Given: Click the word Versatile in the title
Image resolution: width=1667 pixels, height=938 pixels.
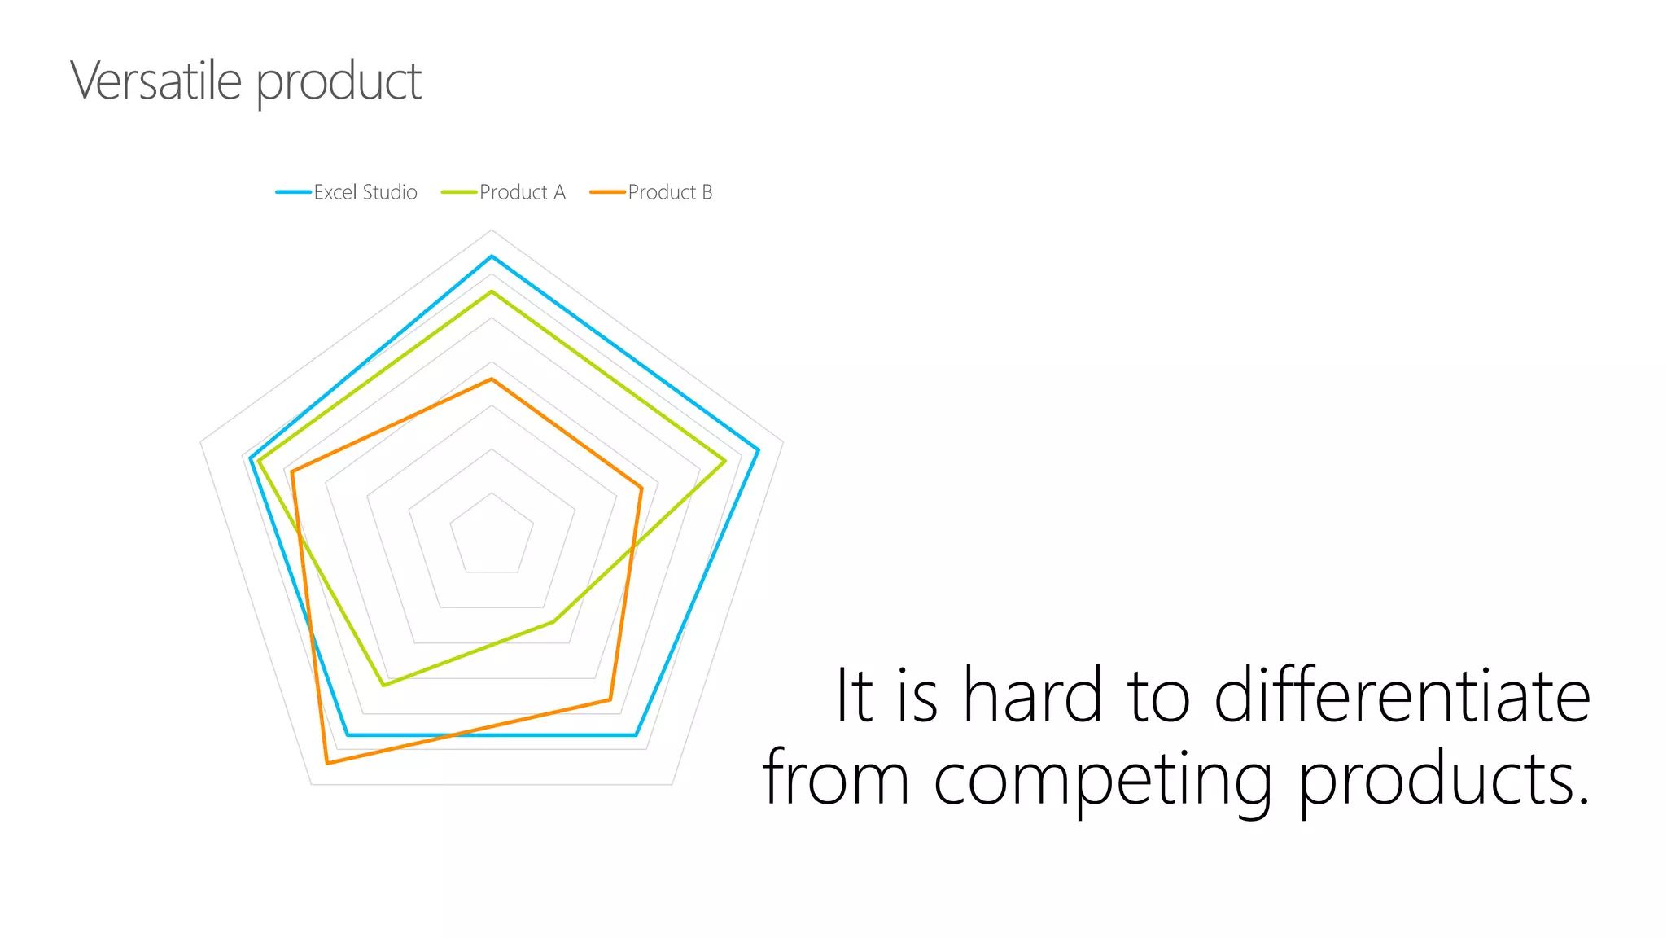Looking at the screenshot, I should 155,81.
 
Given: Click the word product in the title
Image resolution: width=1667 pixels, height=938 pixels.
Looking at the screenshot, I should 339,83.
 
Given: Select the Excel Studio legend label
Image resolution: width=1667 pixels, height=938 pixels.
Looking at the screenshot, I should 365,192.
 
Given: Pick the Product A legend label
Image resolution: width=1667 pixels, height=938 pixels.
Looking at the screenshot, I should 523,192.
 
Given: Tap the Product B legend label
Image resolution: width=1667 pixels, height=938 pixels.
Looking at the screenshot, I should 670,192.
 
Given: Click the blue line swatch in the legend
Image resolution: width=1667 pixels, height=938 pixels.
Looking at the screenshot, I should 293,192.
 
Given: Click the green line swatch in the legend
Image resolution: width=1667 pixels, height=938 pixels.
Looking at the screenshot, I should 459,192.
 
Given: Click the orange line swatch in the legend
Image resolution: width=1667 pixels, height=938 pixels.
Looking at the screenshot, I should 607,192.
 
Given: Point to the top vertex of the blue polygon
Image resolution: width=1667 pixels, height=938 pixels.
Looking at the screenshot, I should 492,256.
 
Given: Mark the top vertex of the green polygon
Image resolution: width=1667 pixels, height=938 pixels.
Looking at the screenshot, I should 492,291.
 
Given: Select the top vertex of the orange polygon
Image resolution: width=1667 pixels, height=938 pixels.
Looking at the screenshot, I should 492,379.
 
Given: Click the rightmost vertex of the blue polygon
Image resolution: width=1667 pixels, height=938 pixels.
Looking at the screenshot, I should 759,450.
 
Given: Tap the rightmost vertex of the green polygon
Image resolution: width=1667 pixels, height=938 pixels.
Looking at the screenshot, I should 724,461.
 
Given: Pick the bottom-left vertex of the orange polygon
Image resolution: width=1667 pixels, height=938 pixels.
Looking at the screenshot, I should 327,763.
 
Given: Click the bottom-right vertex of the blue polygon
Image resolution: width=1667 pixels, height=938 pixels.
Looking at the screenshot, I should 636,734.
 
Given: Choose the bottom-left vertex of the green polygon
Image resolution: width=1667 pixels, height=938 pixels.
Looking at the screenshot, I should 384,685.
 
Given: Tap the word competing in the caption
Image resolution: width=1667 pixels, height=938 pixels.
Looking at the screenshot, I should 1102,779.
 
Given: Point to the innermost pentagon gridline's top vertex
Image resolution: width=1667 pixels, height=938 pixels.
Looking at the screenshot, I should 492,493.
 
